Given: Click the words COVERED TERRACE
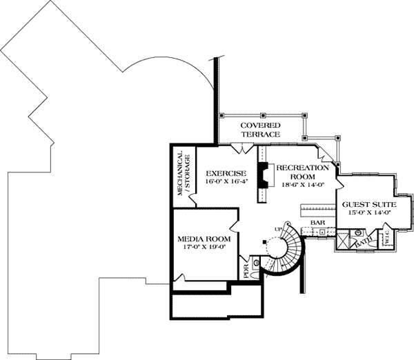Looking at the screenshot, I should [x=260, y=130].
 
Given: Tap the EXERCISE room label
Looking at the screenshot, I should [x=221, y=174].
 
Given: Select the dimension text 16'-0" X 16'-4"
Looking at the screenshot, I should [x=221, y=182].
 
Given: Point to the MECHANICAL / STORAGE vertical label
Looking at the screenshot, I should [x=182, y=174].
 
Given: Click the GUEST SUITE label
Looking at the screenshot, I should [x=366, y=205].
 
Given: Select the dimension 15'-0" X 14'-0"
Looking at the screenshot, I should [x=366, y=213].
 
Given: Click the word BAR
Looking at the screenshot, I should [x=317, y=223].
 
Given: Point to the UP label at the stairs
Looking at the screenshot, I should [x=279, y=228].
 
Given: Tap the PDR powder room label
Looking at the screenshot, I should [x=246, y=270].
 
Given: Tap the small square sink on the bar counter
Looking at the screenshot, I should [x=322, y=233].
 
